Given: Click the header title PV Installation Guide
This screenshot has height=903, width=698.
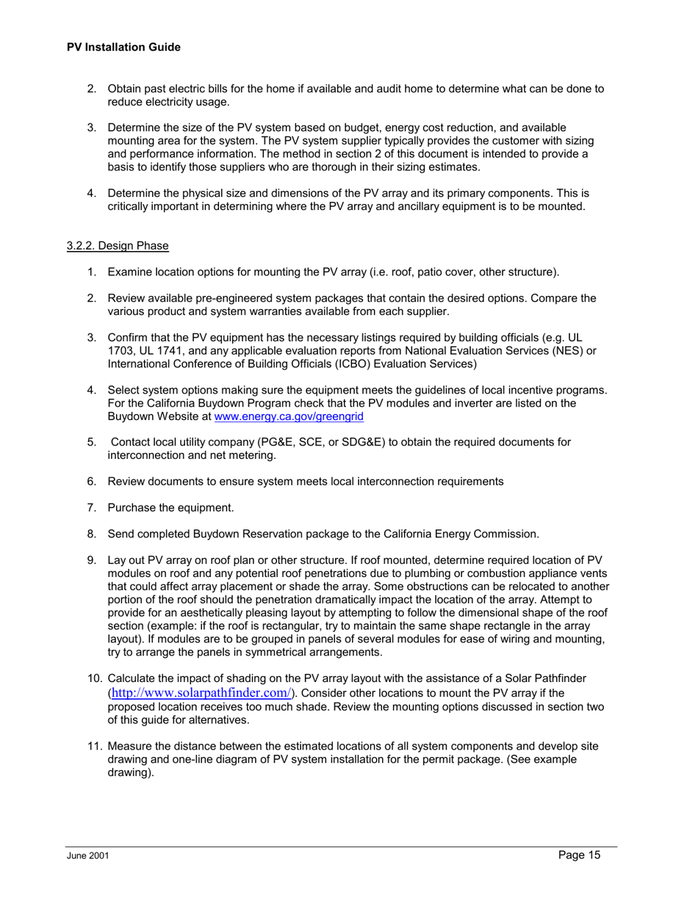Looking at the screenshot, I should tap(123, 47).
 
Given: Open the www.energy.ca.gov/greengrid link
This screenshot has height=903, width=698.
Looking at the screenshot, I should tap(288, 416).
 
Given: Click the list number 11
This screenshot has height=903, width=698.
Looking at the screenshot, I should tap(94, 747).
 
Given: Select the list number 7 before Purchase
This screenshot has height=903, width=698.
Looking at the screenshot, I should tap(92, 507).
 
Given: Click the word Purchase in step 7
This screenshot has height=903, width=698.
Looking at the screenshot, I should tap(130, 507).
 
